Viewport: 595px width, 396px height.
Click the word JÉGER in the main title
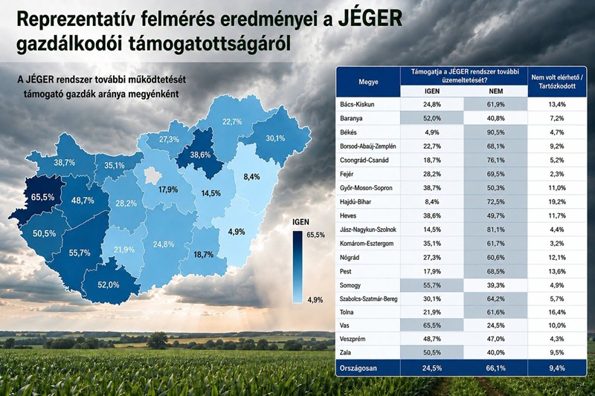(x=370, y=19)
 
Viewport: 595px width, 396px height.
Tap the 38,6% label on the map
(x=200, y=155)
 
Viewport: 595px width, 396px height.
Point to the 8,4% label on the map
(x=251, y=177)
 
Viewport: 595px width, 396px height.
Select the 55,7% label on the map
(x=80, y=253)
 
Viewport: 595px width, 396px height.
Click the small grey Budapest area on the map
(x=154, y=175)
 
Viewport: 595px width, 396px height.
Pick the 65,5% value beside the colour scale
(x=315, y=235)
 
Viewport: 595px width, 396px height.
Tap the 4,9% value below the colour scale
(x=315, y=300)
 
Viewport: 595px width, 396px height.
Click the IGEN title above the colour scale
(x=301, y=222)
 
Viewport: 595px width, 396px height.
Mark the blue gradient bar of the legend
(x=297, y=267)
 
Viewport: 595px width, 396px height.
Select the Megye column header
(x=368, y=82)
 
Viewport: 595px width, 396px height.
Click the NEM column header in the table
(x=495, y=91)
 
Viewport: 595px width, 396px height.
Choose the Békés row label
(x=348, y=132)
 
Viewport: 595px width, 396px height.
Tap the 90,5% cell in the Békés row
(x=495, y=132)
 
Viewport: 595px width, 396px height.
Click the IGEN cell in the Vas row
(x=432, y=325)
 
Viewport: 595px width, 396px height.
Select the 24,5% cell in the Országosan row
(x=432, y=368)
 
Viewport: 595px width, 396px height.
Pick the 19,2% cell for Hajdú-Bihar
(x=556, y=202)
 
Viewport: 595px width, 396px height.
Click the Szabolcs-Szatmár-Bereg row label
(x=368, y=299)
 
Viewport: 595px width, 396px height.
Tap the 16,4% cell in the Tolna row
(x=556, y=312)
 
